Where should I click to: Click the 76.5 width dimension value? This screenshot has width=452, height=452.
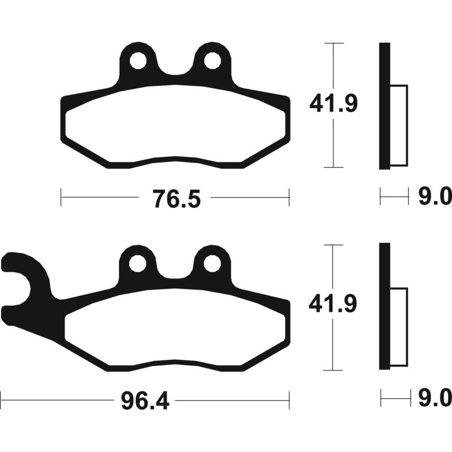tap(176, 199)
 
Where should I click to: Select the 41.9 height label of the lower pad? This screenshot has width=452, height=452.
tap(333, 306)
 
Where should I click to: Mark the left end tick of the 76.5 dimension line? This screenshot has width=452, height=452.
tap(61, 198)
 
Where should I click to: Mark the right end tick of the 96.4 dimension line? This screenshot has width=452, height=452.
tap(289, 400)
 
